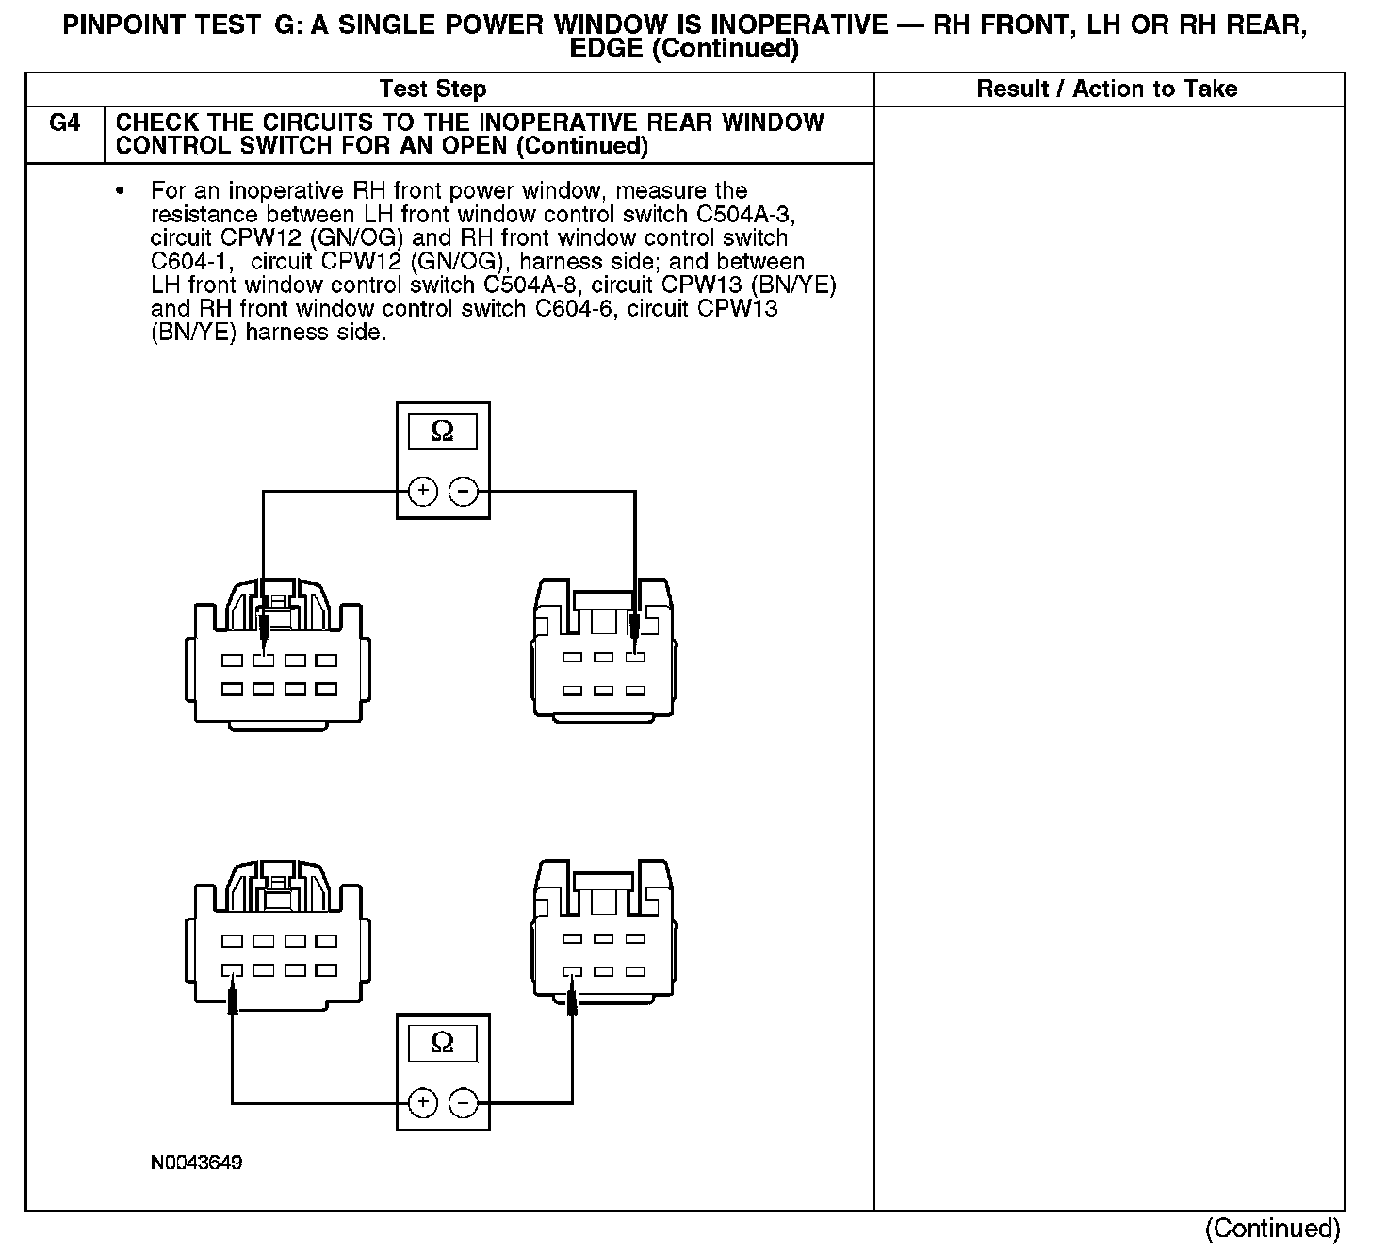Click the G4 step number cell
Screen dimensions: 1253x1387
point(64,123)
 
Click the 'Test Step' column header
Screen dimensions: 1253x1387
point(432,89)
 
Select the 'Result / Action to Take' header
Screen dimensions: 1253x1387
point(1107,89)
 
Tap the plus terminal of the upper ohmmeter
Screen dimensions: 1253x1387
point(423,491)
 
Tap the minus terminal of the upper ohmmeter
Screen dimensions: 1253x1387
point(463,491)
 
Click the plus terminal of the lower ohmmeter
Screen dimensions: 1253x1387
point(423,1103)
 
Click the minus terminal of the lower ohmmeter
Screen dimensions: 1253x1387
point(463,1103)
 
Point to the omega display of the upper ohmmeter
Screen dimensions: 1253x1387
point(442,431)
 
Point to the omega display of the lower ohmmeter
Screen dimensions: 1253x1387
point(442,1043)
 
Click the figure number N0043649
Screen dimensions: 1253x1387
point(196,1163)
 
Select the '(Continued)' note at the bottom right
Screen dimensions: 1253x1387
point(1272,1228)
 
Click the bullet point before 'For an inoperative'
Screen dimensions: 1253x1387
point(120,191)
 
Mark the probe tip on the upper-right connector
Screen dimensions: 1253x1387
point(635,636)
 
